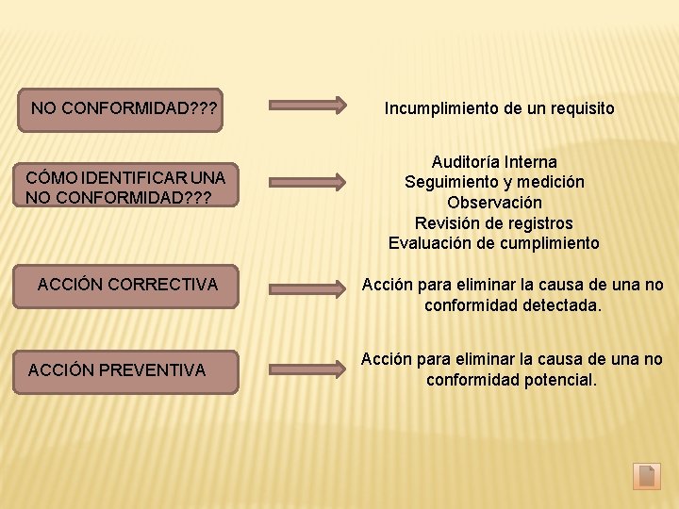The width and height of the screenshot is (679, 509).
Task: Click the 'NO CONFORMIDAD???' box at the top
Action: click(x=124, y=108)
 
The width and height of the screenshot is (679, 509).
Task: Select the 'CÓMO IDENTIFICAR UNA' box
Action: click(x=125, y=187)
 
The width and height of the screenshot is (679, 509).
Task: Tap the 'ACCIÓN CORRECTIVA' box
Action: click(x=127, y=285)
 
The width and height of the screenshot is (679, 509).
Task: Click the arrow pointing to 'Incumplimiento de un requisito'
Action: click(x=308, y=106)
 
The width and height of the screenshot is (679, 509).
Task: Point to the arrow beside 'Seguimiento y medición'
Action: click(x=308, y=181)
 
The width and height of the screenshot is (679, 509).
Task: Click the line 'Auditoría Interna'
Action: click(x=494, y=162)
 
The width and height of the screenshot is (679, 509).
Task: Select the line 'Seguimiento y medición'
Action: click(x=494, y=182)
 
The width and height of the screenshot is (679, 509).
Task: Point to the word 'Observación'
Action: click(x=494, y=203)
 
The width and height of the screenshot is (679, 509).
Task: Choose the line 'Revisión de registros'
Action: click(x=494, y=223)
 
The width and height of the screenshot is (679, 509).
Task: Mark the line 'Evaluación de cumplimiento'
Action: click(x=494, y=243)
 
